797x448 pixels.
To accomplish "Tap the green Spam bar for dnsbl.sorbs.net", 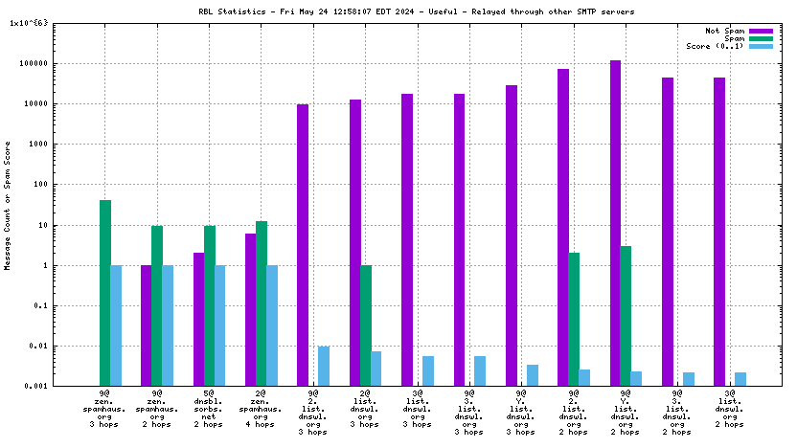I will coord(209,305).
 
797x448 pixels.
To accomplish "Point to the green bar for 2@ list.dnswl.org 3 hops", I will coord(365,325).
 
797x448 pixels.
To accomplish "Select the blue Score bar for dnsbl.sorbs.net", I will coord(219,325).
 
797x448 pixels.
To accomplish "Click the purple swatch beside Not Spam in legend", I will coord(761,31).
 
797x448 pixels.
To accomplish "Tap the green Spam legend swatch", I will coord(761,38).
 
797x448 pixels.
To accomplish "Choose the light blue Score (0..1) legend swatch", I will coord(761,46).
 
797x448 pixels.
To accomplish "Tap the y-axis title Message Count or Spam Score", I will coord(9,206).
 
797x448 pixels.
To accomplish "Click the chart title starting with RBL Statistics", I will coord(398,11).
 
